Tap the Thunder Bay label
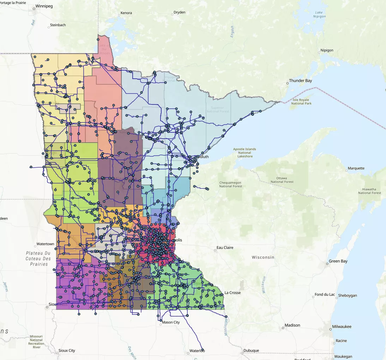(300, 81)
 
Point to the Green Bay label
(338, 261)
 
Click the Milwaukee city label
(342, 327)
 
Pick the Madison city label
(292, 325)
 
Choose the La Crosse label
(233, 293)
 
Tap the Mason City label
(171, 322)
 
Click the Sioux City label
(67, 351)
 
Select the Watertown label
(45, 244)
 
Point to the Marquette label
(356, 168)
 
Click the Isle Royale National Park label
(301, 102)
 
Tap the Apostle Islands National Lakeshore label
(245, 152)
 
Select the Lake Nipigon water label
(320, 14)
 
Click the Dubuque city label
(251, 351)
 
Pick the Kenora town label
(126, 13)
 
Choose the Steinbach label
(58, 25)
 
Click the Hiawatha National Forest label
(369, 191)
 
